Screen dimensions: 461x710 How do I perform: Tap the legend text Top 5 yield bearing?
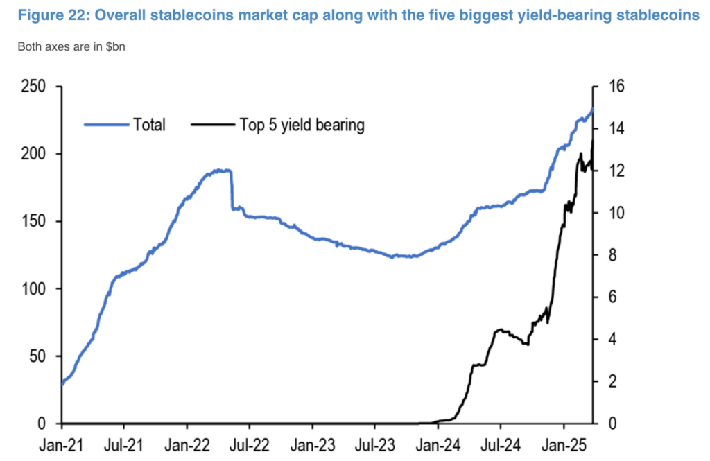302,125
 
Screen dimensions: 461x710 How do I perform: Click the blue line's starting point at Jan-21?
62,383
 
